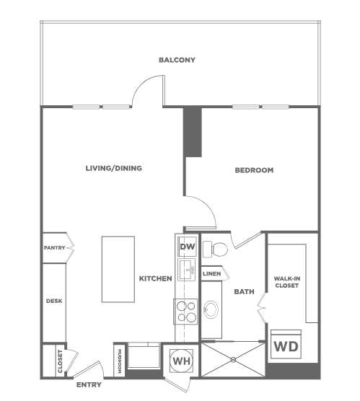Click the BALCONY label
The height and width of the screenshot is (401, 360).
[177, 60]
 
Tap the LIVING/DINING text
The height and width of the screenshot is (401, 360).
[113, 168]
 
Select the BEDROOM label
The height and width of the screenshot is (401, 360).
[254, 170]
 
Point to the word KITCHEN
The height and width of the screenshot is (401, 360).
[155, 278]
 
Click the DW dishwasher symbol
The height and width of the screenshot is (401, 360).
[188, 247]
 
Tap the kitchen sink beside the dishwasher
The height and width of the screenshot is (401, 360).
[187, 270]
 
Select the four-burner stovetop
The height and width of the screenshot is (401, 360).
[185, 312]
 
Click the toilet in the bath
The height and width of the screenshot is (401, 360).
[215, 249]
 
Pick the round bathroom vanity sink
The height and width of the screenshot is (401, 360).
[211, 309]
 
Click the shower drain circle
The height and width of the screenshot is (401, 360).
[233, 360]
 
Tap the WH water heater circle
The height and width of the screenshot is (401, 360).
[182, 361]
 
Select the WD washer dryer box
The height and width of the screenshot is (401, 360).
[286, 344]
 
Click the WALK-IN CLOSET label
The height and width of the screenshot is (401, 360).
[287, 282]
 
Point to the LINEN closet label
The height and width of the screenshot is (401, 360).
[211, 274]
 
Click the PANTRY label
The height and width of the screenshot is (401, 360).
[55, 248]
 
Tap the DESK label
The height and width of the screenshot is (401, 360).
[54, 301]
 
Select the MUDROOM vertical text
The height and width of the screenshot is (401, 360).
[120, 361]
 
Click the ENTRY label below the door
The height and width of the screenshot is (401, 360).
[89, 384]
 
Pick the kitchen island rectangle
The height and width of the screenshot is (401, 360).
[118, 269]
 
